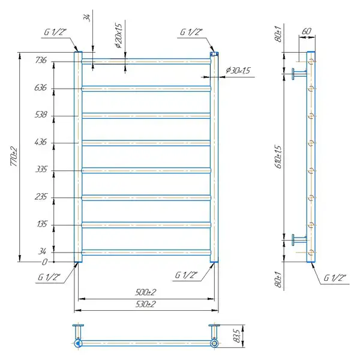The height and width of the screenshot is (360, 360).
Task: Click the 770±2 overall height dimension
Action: click(x=14, y=157)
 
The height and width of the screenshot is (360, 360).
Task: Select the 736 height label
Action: click(x=41, y=60)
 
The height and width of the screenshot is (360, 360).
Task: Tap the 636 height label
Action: click(x=40, y=88)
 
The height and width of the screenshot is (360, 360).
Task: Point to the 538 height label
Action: click(x=41, y=115)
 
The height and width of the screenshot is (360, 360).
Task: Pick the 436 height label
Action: click(x=41, y=142)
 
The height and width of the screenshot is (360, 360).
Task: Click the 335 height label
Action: click(x=41, y=169)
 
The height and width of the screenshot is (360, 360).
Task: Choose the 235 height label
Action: click(x=41, y=197)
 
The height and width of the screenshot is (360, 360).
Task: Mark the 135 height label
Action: click(x=42, y=224)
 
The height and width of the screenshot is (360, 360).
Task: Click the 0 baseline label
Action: click(x=44, y=262)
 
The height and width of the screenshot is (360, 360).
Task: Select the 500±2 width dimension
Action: click(x=146, y=292)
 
